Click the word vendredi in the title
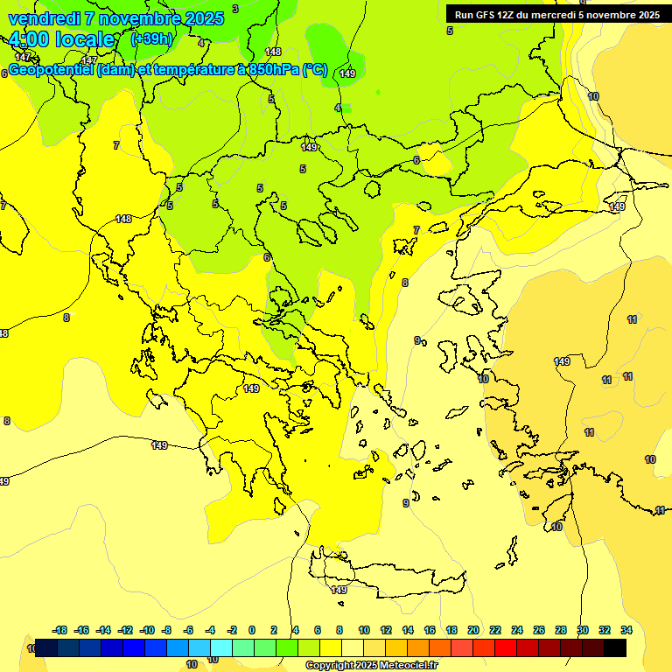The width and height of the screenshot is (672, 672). click(44, 18)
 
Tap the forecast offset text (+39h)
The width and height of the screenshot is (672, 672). click(151, 39)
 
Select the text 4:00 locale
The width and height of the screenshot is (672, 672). click(62, 40)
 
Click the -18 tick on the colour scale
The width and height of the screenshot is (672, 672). click(59, 630)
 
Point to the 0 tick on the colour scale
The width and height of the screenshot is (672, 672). click(252, 630)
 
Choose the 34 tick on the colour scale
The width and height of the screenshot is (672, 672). click(626, 630)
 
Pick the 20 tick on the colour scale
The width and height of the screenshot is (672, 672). click(473, 630)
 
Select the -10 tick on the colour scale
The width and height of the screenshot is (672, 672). click(146, 630)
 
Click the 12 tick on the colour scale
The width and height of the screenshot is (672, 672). click(386, 630)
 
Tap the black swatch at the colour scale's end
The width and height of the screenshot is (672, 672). click(614, 647)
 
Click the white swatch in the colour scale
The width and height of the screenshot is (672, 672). click(352, 647)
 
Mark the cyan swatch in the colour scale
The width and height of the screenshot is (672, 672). click(220, 647)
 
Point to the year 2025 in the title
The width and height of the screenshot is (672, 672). click(205, 18)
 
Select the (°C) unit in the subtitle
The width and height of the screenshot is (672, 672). click(315, 70)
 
